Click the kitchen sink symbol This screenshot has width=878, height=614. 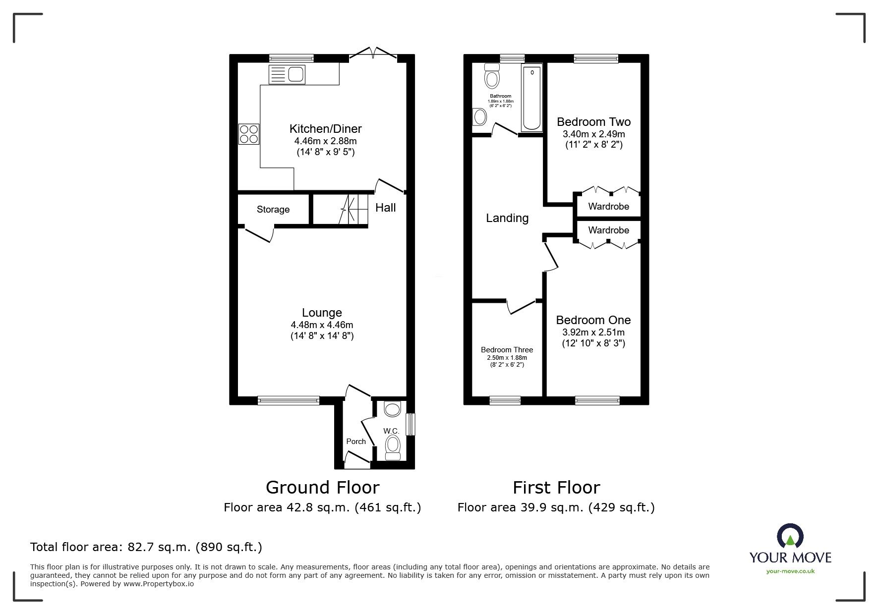pyautogui.click(x=287, y=74)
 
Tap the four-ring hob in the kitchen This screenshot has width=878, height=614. pyautogui.click(x=249, y=134)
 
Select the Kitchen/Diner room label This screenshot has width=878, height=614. pyautogui.click(x=325, y=129)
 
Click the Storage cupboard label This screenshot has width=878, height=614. pyautogui.click(x=273, y=210)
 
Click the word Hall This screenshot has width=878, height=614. pyautogui.click(x=385, y=208)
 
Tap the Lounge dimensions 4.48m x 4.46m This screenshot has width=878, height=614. pyautogui.click(x=322, y=325)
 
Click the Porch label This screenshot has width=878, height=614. pyautogui.click(x=355, y=442)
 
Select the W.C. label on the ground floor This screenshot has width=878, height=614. pyautogui.click(x=391, y=431)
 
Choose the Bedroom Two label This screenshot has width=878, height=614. pyautogui.click(x=593, y=122)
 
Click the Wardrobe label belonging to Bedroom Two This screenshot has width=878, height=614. pyautogui.click(x=608, y=207)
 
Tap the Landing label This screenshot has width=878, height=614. pyautogui.click(x=507, y=218)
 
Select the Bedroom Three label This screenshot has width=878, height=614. pyautogui.click(x=507, y=350)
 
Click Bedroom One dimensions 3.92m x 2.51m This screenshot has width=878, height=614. pyautogui.click(x=593, y=333)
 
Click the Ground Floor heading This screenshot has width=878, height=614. pyautogui.click(x=322, y=488)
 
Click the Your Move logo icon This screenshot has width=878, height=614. pyautogui.click(x=790, y=537)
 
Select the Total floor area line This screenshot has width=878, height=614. pyautogui.click(x=146, y=547)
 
